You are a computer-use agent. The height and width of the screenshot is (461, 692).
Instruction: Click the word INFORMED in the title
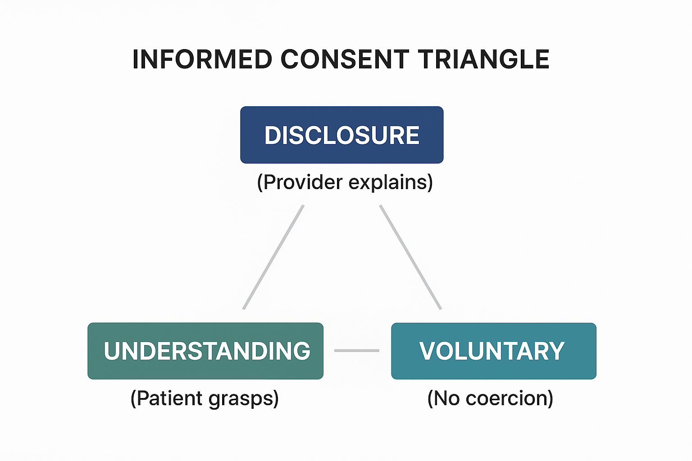click(x=202, y=59)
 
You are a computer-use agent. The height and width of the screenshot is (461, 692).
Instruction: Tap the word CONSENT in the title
click(x=345, y=59)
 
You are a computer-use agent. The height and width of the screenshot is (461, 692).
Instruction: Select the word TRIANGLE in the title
click(x=483, y=59)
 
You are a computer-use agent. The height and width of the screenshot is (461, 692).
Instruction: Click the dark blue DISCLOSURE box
click(x=341, y=135)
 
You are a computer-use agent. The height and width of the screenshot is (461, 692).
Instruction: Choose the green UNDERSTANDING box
click(x=205, y=351)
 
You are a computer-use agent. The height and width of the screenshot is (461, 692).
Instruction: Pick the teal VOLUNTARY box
click(x=493, y=351)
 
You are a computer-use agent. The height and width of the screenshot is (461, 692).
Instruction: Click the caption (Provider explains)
click(x=345, y=182)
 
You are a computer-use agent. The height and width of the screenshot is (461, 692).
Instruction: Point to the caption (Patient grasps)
click(x=205, y=398)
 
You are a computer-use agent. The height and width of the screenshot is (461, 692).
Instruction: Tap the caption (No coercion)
click(x=490, y=398)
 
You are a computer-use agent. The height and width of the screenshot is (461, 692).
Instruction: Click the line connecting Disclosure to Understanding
click(x=273, y=257)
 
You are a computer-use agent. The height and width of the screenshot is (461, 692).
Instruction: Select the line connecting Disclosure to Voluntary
click(x=410, y=257)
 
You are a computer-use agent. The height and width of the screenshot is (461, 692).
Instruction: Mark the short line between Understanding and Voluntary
click(x=357, y=350)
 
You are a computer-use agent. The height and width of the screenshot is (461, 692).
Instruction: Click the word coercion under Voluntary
click(x=508, y=398)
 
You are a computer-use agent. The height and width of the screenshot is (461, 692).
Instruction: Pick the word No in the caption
click(x=446, y=398)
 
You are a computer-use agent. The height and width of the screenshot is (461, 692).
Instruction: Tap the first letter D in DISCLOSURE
click(x=273, y=135)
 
